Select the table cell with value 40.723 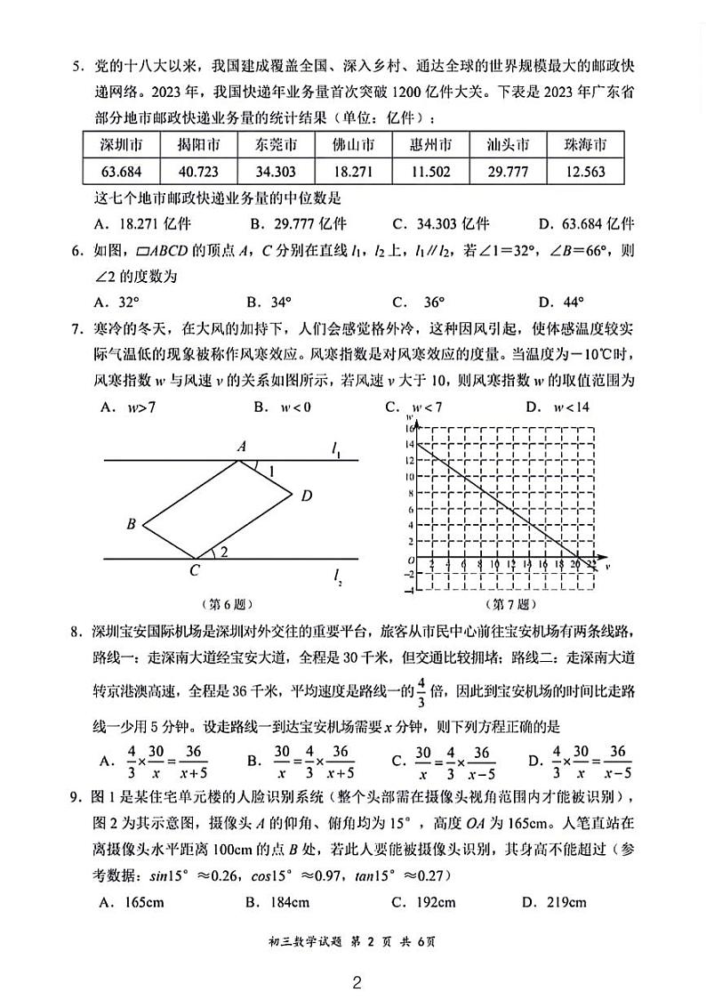pos(198,171)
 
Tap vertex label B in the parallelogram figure pos(131,524)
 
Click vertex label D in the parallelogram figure pos(306,496)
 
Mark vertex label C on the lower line pos(194,572)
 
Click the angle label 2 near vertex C pos(224,552)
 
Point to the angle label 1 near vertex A pos(271,470)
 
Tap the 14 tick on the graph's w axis pos(409,444)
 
